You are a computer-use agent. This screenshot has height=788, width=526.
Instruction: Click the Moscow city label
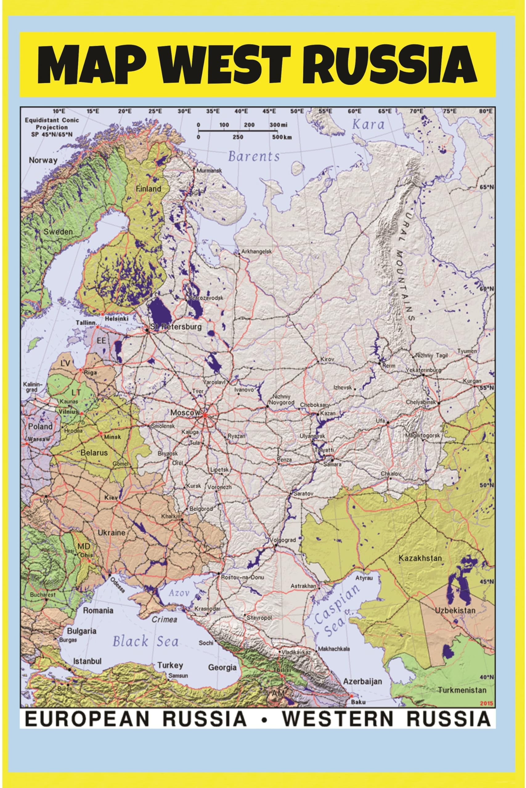tap(185, 413)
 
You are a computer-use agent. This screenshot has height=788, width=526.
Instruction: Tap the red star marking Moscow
tap(205, 416)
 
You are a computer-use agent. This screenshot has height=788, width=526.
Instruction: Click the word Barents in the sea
tap(254, 156)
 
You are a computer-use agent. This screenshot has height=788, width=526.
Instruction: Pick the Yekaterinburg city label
tap(423, 370)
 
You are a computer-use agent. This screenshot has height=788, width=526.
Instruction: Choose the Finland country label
tap(148, 189)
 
